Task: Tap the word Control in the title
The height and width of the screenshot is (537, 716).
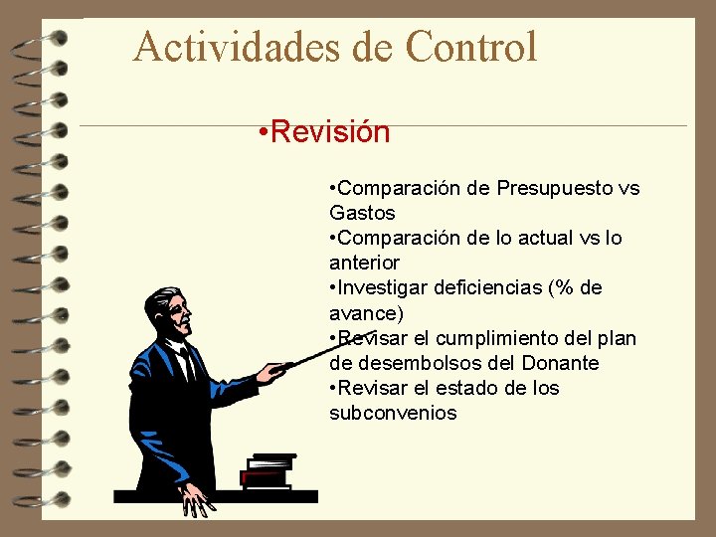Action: coord(471,47)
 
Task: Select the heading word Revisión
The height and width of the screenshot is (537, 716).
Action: coord(329,131)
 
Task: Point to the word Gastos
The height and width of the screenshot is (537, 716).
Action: coord(362,213)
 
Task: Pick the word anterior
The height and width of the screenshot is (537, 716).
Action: coord(364,263)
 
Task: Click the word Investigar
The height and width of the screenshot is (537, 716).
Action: coord(388,287)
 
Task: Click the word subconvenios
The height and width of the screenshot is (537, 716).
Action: coord(393,413)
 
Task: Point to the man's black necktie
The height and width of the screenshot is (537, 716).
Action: coord(186,364)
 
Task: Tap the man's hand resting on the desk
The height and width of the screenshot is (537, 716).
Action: coord(198,501)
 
